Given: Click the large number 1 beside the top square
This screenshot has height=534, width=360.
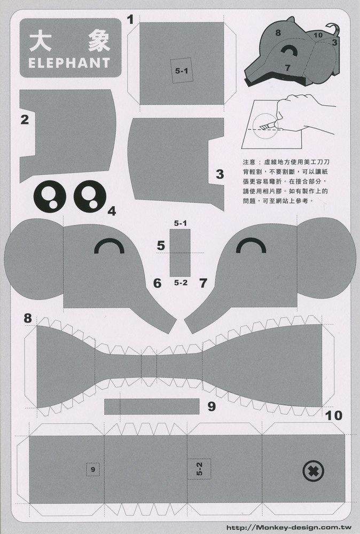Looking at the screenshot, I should (130, 20).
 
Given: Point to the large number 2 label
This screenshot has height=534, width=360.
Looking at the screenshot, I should (24, 119).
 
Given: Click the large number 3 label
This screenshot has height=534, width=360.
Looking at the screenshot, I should (219, 174).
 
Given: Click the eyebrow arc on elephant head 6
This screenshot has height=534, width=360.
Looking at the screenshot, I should (108, 245).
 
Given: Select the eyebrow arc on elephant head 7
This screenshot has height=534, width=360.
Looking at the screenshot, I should (251, 245).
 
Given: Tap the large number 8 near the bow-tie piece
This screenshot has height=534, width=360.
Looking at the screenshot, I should (27, 319).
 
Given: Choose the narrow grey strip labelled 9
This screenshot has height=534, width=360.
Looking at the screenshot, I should (152, 406).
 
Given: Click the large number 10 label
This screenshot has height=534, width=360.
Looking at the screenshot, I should (333, 415).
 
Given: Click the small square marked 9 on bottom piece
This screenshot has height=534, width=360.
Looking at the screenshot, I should (92, 469).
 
